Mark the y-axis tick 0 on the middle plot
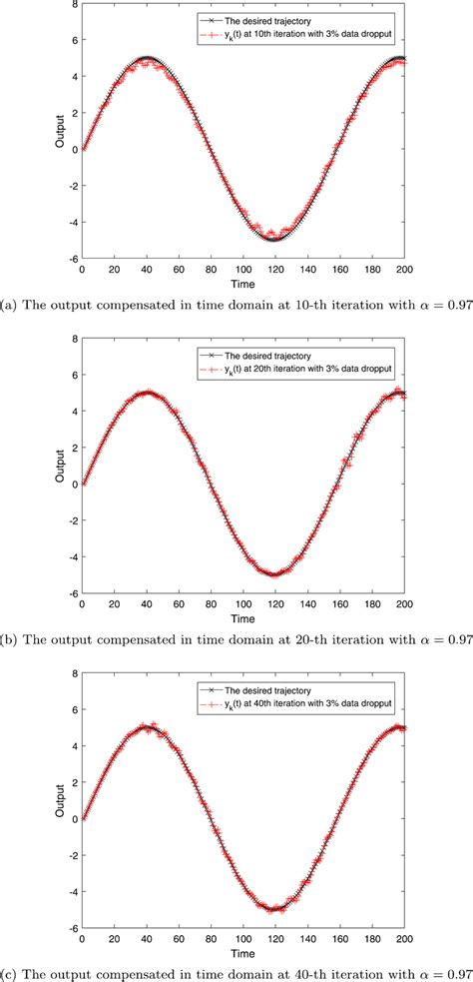click(x=71, y=485)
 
